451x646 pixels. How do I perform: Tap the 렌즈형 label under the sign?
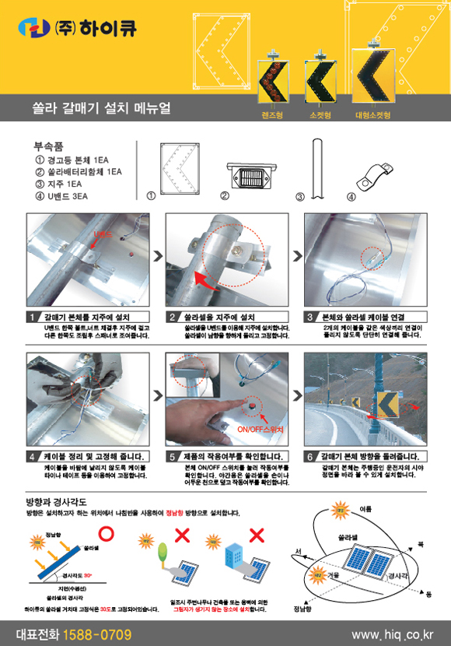coord(272,115)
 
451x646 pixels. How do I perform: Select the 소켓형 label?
coord(320,115)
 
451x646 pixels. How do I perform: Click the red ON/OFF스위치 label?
coord(260,429)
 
